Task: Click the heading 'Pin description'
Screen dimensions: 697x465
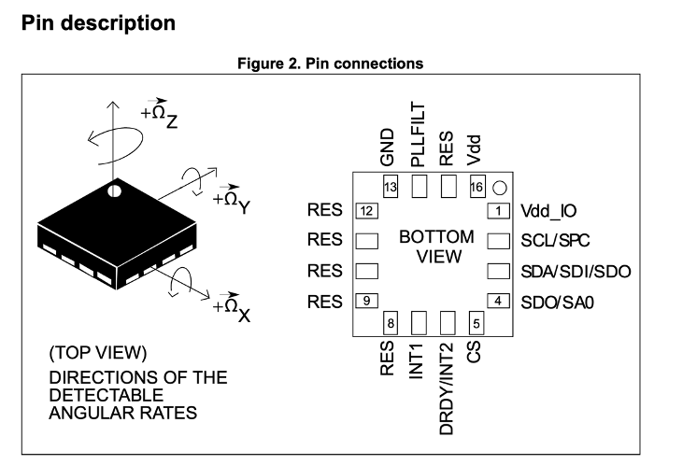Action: [98, 23]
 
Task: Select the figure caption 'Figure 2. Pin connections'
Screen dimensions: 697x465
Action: [330, 63]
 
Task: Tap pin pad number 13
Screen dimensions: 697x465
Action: [391, 187]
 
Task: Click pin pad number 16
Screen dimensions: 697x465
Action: [477, 187]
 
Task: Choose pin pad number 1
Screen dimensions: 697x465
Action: [498, 210]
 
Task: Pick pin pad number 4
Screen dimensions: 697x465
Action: [498, 301]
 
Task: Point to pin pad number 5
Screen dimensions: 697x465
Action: [477, 323]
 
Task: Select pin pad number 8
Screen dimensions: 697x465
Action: [391, 323]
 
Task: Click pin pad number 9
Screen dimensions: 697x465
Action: [367, 301]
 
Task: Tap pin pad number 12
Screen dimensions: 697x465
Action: [367, 210]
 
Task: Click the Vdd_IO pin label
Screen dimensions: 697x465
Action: [548, 211]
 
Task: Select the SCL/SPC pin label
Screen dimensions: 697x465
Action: [555, 240]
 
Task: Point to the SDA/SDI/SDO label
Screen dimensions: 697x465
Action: [576, 272]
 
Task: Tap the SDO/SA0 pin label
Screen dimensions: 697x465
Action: [558, 303]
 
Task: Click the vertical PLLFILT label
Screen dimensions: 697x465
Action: [418, 134]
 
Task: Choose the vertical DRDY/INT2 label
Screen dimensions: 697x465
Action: [447, 388]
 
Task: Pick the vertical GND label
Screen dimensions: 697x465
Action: [388, 148]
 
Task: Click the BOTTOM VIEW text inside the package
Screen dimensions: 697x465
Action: [437, 247]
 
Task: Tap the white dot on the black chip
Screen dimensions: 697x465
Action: [114, 191]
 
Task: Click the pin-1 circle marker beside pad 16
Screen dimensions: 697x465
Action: [500, 188]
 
